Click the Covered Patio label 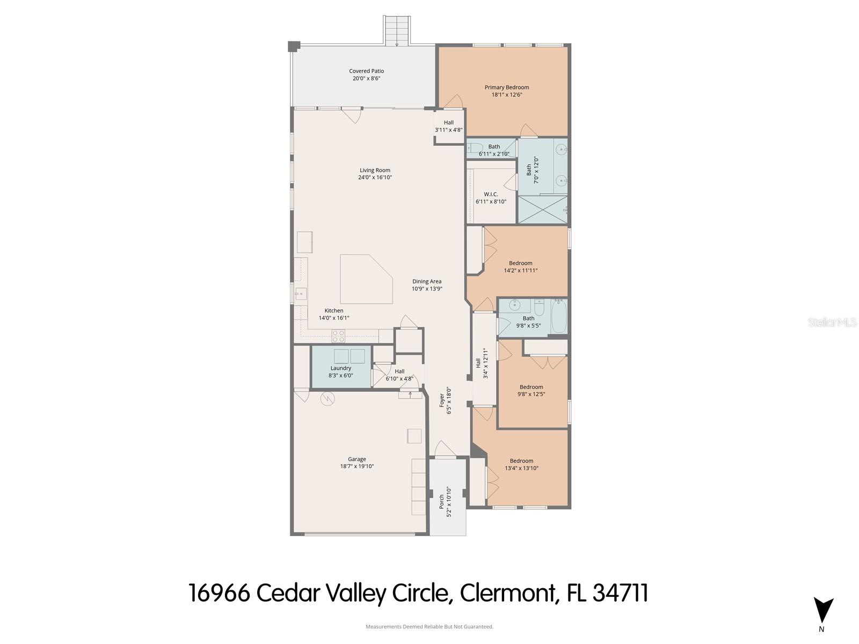coord(366,71)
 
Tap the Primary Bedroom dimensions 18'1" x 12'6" coord(506,95)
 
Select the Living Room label coord(375,170)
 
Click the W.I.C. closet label coord(491,194)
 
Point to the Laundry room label coord(340,368)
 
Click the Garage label coord(356,459)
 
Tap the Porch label coord(441,501)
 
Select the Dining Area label coord(427,281)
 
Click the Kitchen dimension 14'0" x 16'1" coord(334,318)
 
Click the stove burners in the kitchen coord(338,336)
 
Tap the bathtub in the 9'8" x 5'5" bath coord(558,317)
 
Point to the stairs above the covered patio coord(397,31)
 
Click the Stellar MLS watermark coord(832,323)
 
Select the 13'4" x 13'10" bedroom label coord(521,460)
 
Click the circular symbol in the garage coord(326,398)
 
